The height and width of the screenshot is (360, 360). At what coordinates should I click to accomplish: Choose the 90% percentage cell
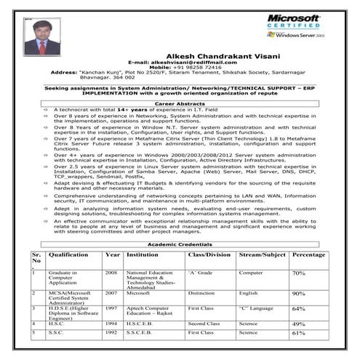pos(298,294)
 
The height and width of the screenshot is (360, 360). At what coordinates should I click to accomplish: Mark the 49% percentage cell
pos(298,324)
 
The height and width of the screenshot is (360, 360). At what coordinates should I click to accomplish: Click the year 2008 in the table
pos(111,272)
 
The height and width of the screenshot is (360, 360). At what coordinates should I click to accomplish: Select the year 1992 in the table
pos(111,332)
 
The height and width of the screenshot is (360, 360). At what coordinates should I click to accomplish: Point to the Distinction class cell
pos(201,294)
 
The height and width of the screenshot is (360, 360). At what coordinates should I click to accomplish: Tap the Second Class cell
pos(204,324)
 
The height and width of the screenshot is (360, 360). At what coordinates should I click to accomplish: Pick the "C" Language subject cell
pos(256,308)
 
